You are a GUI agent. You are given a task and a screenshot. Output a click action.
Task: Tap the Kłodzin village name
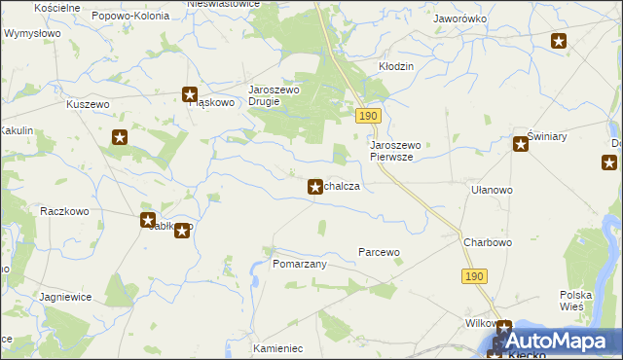pyautogui.click(x=396, y=66)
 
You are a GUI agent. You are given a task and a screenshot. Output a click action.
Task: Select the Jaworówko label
pyautogui.click(x=460, y=18)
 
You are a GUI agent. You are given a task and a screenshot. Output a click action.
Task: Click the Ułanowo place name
pyautogui.click(x=492, y=191)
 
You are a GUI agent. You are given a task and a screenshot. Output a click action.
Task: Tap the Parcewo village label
pyautogui.click(x=380, y=252)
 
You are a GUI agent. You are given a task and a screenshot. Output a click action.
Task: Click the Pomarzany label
pyautogui.click(x=299, y=264)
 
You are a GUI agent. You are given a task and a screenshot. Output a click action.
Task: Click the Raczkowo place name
pyautogui.click(x=65, y=210)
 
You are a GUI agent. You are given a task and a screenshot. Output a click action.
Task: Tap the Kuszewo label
pyautogui.click(x=85, y=104)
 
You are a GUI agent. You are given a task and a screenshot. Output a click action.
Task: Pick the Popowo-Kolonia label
pyautogui.click(x=129, y=17)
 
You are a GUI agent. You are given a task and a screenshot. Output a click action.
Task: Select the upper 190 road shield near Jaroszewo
pyautogui.click(x=367, y=116)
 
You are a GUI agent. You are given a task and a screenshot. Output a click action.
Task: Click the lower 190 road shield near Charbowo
pyautogui.click(x=474, y=276)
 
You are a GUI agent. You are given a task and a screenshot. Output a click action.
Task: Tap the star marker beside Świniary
pyautogui.click(x=521, y=145)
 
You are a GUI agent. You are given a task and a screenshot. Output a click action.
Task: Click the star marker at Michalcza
pyautogui.click(x=315, y=186)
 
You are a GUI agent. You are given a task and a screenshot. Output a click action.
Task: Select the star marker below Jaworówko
pyautogui.click(x=559, y=40)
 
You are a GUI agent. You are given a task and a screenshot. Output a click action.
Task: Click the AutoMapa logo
pyautogui.click(x=558, y=342)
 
